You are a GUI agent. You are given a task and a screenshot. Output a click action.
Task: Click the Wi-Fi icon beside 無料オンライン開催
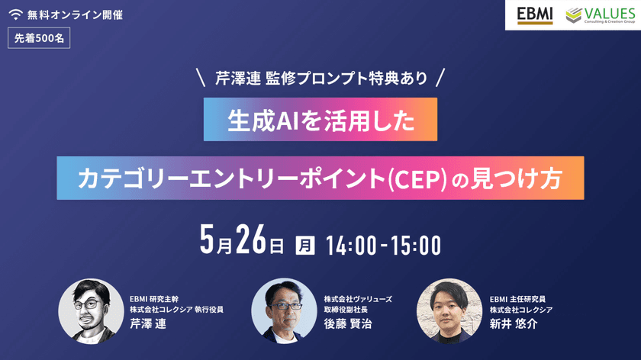point(16,15)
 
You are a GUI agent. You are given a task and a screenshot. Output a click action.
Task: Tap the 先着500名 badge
point(39,40)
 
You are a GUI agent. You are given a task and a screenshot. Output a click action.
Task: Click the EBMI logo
point(534,15)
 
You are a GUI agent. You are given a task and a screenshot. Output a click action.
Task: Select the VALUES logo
point(599,15)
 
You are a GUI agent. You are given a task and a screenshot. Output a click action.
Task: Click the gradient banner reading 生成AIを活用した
point(320,119)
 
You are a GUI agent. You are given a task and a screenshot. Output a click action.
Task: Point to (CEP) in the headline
point(417,179)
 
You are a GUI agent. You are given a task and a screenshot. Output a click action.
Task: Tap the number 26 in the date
point(249,243)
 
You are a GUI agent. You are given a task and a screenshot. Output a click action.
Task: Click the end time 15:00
point(417,245)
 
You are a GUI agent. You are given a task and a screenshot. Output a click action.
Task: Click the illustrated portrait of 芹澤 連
point(90,310)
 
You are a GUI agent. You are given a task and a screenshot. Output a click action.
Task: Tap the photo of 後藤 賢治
point(284,310)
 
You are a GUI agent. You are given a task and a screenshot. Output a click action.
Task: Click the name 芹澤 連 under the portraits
point(149,323)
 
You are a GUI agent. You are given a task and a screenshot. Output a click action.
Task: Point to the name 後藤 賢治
point(344,323)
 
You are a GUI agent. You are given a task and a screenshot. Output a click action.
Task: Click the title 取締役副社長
point(348,310)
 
